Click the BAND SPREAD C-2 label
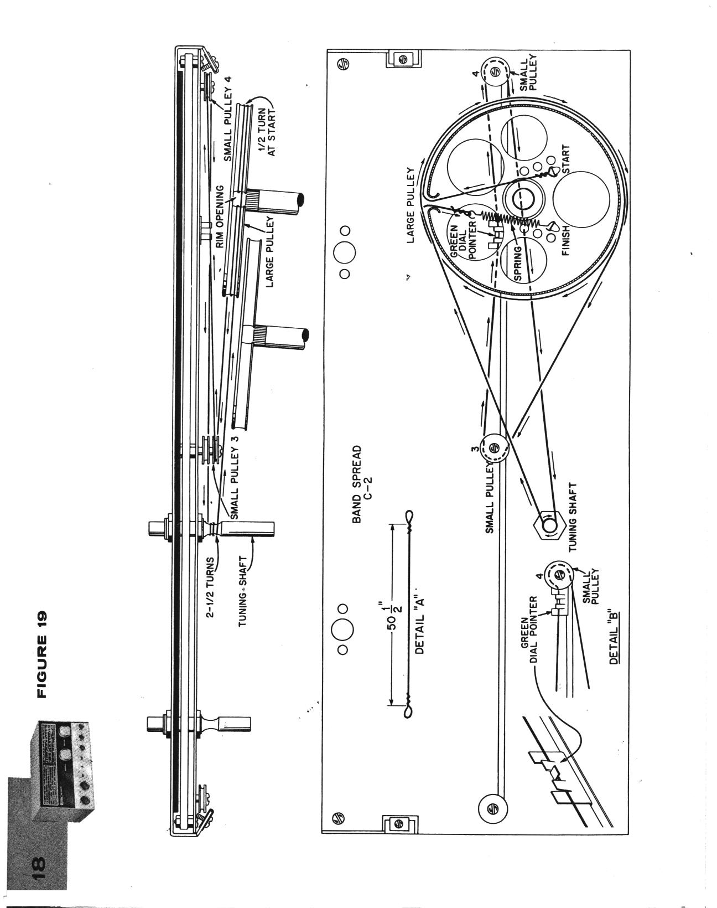pyautogui.click(x=361, y=484)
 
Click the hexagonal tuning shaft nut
pyautogui.click(x=549, y=526)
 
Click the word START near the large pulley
pyautogui.click(x=565, y=159)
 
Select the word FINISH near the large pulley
pyautogui.click(x=566, y=240)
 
